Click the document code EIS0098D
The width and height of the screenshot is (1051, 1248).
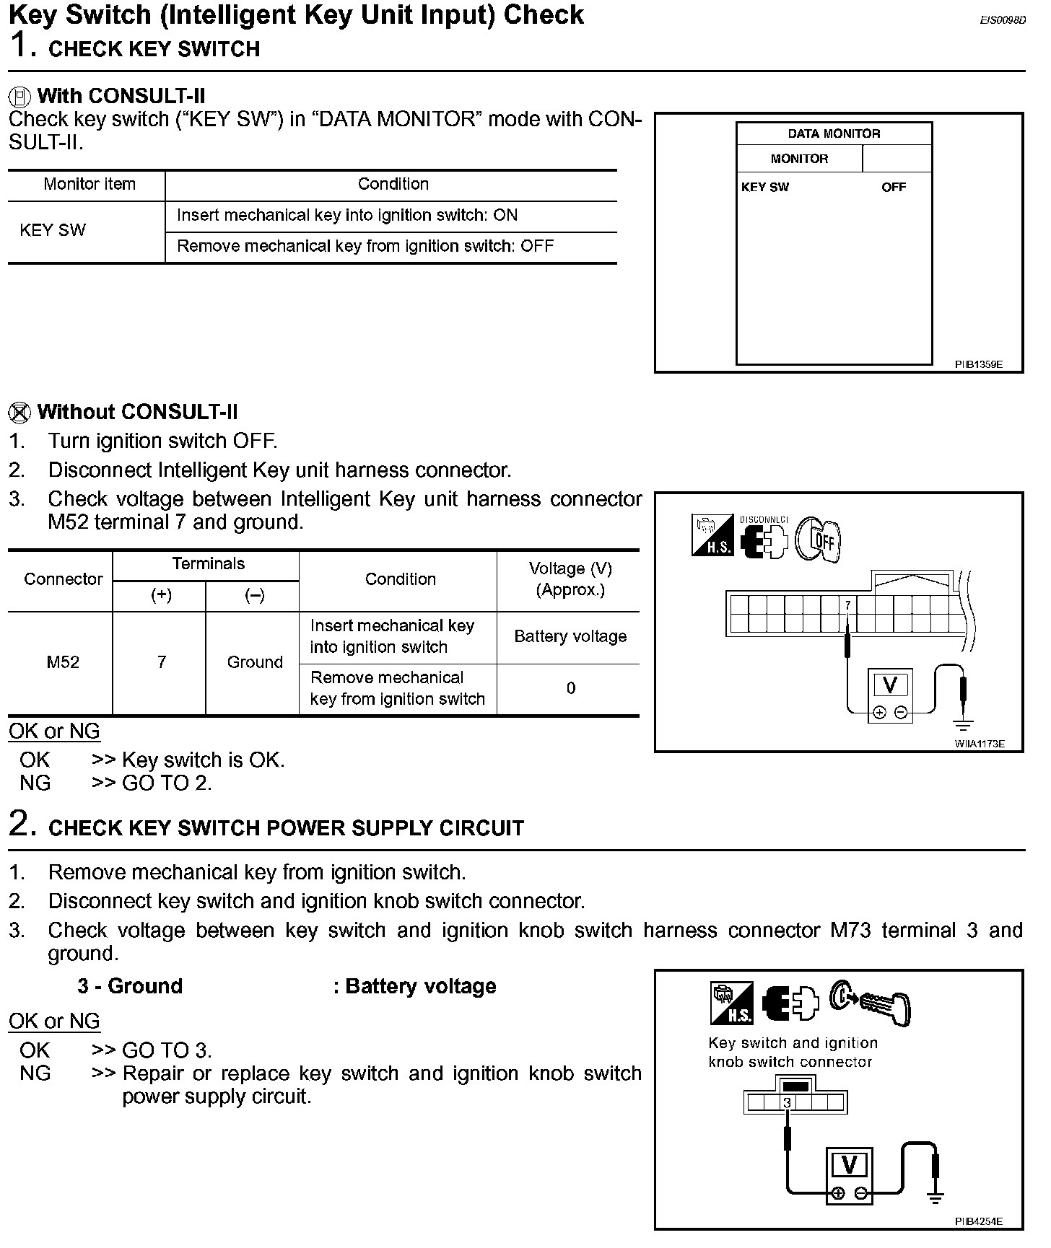tap(1002, 21)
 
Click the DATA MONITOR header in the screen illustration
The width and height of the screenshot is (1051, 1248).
tap(834, 133)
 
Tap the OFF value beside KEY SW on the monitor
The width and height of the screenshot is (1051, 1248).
tap(893, 188)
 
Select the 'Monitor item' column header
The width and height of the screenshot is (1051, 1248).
tap(90, 184)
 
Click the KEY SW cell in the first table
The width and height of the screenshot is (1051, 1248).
tap(53, 230)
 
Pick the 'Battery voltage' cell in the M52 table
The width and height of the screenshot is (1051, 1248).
tap(570, 636)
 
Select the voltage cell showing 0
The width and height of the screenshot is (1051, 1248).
tap(570, 688)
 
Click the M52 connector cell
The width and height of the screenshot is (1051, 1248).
tap(63, 662)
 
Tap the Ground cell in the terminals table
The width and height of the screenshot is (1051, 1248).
tap(255, 662)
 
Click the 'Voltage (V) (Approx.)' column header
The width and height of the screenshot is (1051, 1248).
tap(570, 579)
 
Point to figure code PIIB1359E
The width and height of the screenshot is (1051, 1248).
tap(979, 365)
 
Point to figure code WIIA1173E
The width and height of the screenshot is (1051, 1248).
tap(980, 744)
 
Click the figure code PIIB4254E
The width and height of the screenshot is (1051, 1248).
tap(979, 1221)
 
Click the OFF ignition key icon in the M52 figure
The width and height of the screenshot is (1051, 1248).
tap(819, 539)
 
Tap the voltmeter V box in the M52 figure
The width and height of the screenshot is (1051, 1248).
tap(891, 686)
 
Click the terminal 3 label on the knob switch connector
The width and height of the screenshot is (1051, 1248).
tap(788, 1102)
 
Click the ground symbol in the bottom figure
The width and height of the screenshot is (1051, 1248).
tap(936, 1198)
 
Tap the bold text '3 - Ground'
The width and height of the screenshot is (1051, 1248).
tap(130, 986)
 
